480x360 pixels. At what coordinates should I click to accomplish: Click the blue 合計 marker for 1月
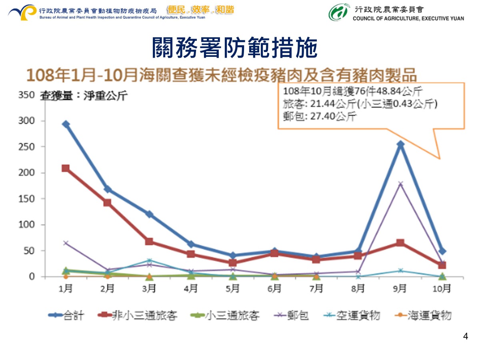coord(66,124)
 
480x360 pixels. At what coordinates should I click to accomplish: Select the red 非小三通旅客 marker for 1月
coord(66,168)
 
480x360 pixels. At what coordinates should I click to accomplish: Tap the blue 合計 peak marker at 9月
coord(400,144)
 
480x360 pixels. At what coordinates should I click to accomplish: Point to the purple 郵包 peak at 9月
coord(400,184)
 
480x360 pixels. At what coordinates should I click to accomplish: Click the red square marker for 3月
coord(149,241)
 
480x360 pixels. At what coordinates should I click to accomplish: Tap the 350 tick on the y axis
coord(26,95)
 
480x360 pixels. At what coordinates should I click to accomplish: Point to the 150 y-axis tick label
coord(26,199)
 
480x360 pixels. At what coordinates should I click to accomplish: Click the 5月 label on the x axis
coord(233,288)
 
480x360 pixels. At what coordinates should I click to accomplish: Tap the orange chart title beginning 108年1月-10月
coord(222,75)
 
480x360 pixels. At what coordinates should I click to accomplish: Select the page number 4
coord(465,336)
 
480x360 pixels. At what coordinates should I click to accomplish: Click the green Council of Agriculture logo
coord(338,12)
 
